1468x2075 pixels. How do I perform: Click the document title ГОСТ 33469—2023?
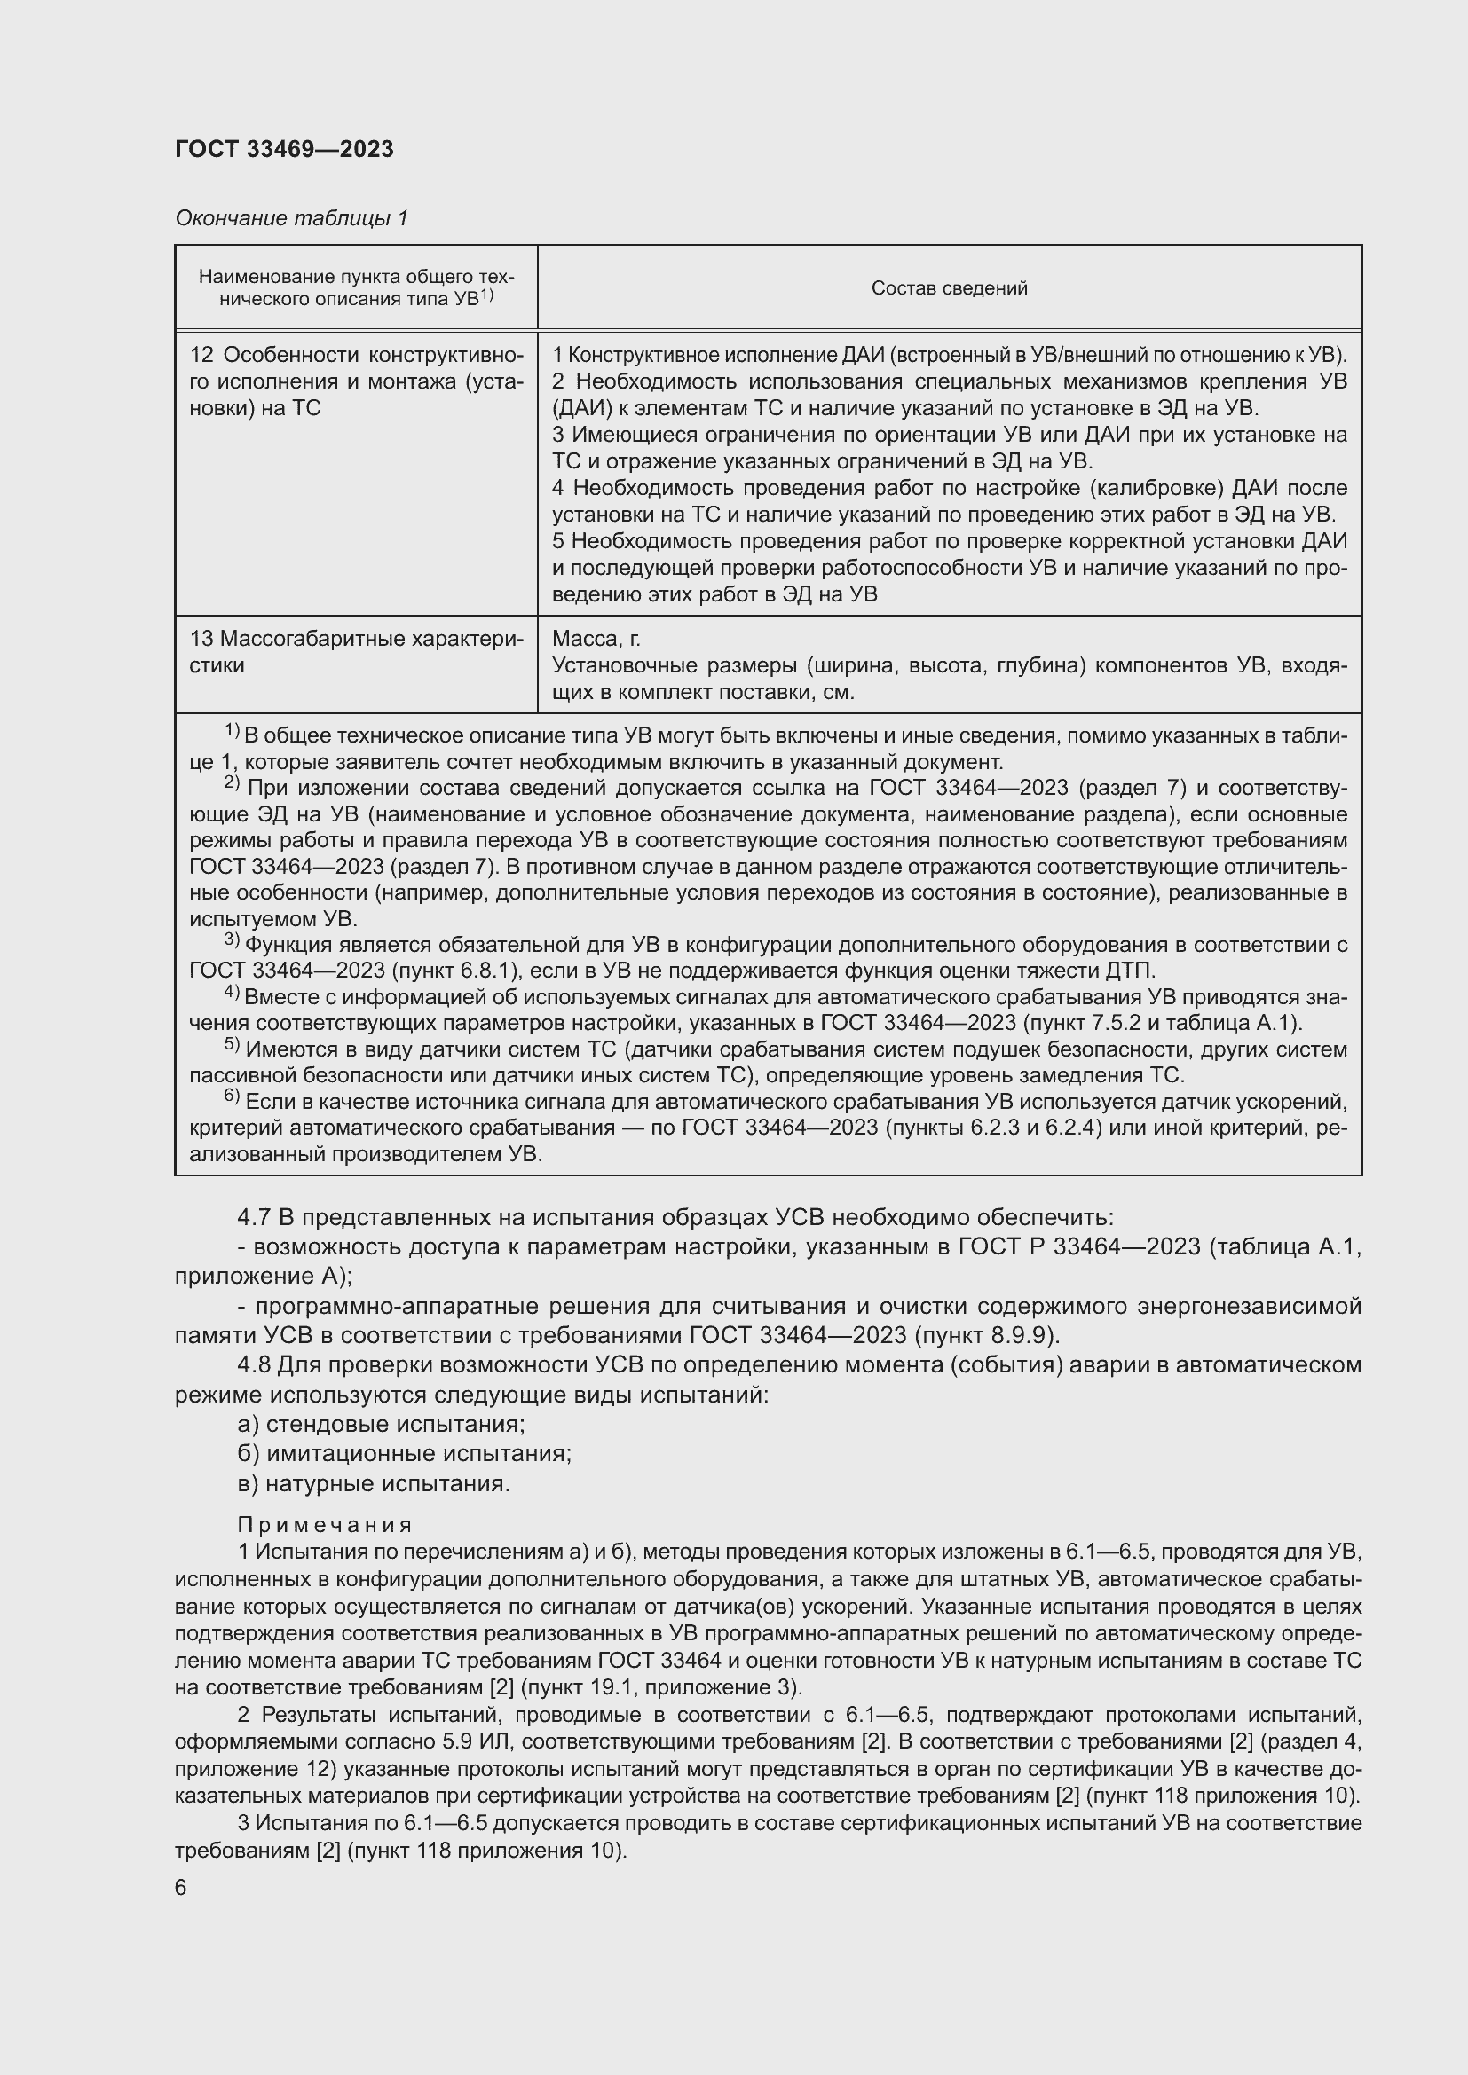point(284,150)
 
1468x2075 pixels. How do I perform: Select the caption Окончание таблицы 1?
point(291,218)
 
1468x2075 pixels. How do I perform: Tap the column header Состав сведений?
point(949,288)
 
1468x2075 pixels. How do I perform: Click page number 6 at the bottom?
point(181,1888)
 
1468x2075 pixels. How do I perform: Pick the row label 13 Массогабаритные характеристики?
point(356,652)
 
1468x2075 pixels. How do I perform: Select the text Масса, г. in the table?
point(596,639)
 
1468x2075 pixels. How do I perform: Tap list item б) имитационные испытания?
point(404,1453)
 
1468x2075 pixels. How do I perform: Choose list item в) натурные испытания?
point(374,1483)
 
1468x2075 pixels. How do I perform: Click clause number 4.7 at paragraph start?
point(254,1217)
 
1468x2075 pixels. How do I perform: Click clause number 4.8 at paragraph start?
point(254,1364)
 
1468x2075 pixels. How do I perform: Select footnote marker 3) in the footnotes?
point(232,940)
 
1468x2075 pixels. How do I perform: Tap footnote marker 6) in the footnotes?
point(232,1098)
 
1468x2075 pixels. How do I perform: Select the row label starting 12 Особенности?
point(356,381)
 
